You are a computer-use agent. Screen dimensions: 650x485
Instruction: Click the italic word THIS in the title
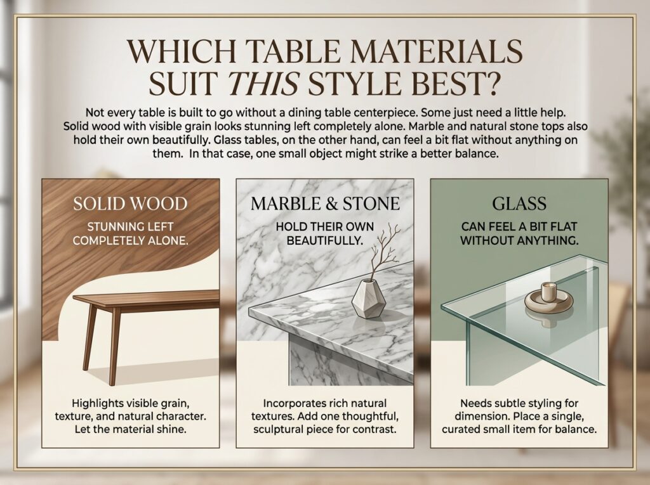263,84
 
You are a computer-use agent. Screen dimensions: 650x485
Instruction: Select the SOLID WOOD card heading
130,204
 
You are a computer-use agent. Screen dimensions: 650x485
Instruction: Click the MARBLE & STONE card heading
325,204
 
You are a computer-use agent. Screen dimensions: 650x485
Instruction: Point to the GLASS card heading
519,204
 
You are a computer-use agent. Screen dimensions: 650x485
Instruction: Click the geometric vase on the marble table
369,299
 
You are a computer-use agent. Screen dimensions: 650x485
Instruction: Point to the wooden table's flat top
146,298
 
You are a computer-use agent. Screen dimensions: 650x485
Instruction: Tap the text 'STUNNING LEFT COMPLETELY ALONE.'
130,233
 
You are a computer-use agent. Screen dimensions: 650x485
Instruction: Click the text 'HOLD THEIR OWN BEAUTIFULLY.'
325,233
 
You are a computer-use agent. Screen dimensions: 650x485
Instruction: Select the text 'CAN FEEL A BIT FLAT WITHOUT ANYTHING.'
519,233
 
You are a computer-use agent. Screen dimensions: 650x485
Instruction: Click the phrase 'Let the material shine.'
130,429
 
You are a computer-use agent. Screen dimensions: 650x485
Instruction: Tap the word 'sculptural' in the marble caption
279,429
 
